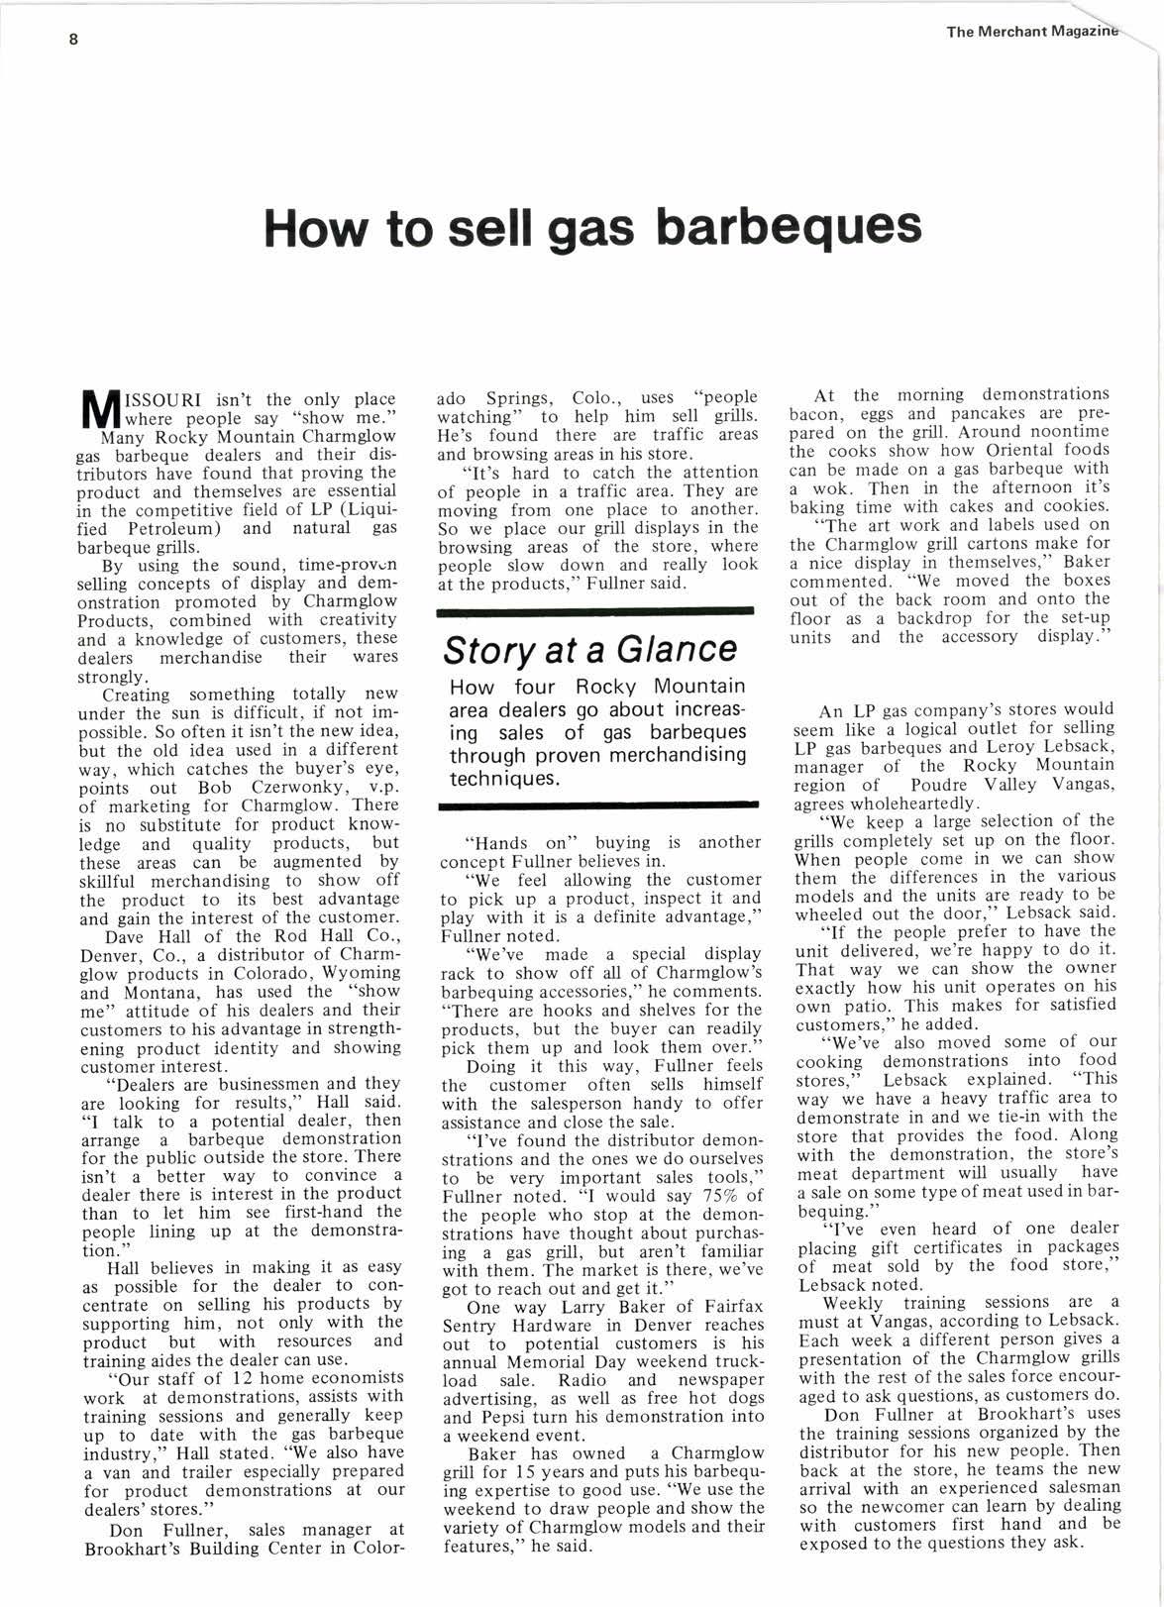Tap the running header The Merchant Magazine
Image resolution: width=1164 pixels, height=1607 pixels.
coord(1031,31)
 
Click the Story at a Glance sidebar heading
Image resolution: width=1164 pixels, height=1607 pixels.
coord(589,649)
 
